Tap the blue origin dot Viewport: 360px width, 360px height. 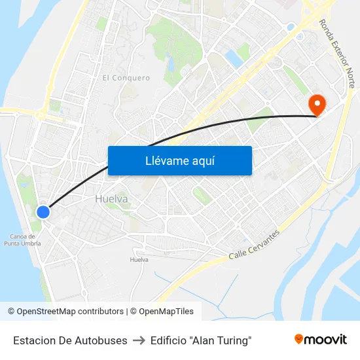click(43, 211)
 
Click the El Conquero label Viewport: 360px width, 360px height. click(126, 78)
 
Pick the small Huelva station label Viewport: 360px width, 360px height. click(139, 260)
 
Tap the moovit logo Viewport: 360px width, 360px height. click(321, 340)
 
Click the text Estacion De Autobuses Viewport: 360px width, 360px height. click(70, 340)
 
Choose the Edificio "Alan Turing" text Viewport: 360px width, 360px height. click(200, 340)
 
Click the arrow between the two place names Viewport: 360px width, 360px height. click(139, 340)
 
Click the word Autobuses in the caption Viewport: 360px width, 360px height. click(104, 340)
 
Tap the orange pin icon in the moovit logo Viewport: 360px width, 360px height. click(299, 339)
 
